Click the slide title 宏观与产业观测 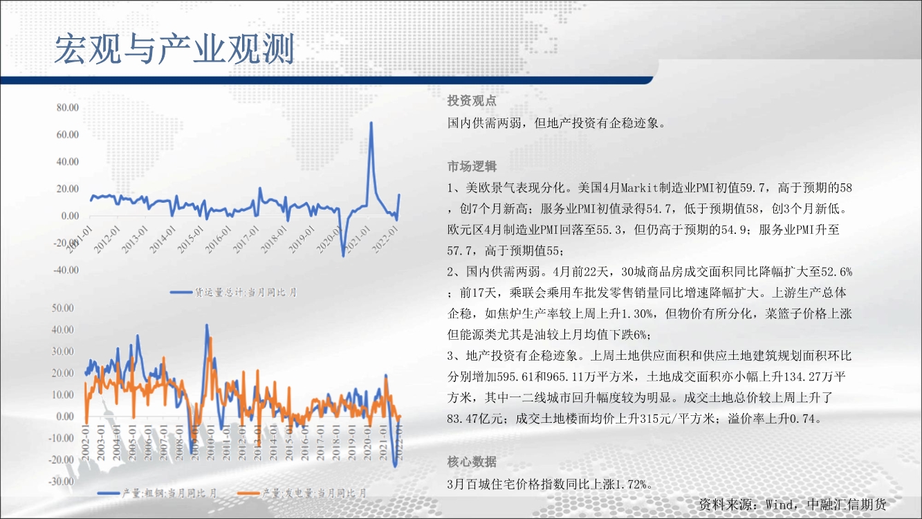click(174, 49)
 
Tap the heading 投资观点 click(472, 100)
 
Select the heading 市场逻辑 click(472, 166)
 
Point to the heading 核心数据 click(472, 462)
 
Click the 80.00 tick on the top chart click(68, 107)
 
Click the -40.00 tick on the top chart click(66, 270)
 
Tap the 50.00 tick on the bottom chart click(62, 308)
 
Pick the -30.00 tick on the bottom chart click(61, 481)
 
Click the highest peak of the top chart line click(371, 122)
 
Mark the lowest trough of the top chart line click(343, 256)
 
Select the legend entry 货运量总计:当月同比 click(233, 293)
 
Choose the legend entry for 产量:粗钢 click(157, 493)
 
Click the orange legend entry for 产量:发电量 click(302, 493)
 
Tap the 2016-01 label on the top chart click(219, 240)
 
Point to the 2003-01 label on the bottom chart click(101, 443)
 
